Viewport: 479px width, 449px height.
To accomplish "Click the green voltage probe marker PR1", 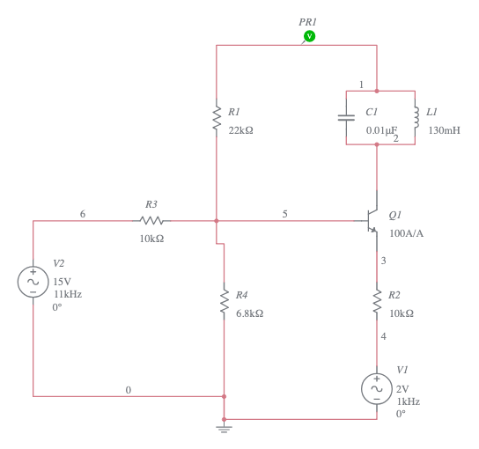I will [x=309, y=36].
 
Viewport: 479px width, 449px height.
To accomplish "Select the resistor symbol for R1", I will [x=217, y=118].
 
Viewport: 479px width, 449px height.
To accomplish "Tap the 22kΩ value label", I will [x=240, y=130].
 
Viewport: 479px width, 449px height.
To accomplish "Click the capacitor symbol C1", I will [x=346, y=117].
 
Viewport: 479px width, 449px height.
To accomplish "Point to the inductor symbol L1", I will [x=416, y=118].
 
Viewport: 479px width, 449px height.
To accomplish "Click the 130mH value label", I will [x=444, y=130].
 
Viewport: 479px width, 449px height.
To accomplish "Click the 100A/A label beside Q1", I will [x=406, y=233].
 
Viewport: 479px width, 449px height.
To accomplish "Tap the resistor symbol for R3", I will [x=151, y=221].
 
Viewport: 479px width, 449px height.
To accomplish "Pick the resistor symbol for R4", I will [x=225, y=302].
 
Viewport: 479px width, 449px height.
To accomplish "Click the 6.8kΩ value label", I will [x=249, y=313].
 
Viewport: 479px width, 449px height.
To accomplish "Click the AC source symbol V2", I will [x=33, y=282].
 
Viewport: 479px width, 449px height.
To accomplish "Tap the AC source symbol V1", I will [x=377, y=388].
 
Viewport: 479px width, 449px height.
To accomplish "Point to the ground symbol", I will [x=225, y=429].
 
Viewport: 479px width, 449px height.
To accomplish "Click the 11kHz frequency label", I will [x=67, y=294].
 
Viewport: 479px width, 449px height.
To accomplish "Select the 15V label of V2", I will [x=62, y=282].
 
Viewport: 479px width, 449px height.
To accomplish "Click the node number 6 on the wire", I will [x=83, y=214].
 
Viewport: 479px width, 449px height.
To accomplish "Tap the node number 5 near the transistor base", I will [x=284, y=214].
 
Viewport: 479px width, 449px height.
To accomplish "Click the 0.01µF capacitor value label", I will [x=382, y=130].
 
